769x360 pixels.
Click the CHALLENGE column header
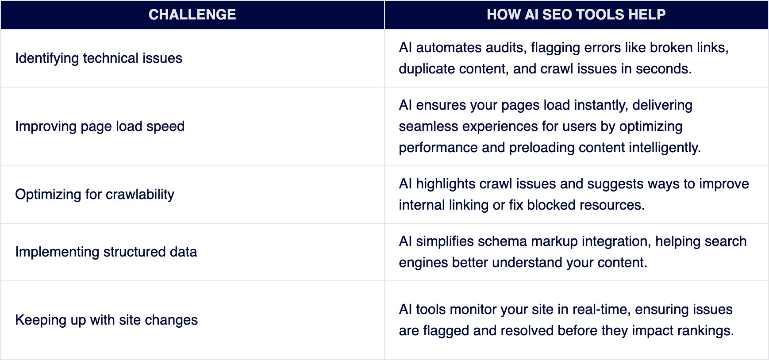click(192, 15)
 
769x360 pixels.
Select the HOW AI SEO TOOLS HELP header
click(576, 15)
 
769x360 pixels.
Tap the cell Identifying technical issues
click(99, 58)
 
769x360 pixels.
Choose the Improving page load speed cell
click(100, 126)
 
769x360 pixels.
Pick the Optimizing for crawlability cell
click(95, 195)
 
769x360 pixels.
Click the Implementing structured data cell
click(106, 252)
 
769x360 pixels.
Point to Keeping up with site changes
click(107, 320)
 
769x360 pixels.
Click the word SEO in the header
click(557, 15)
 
